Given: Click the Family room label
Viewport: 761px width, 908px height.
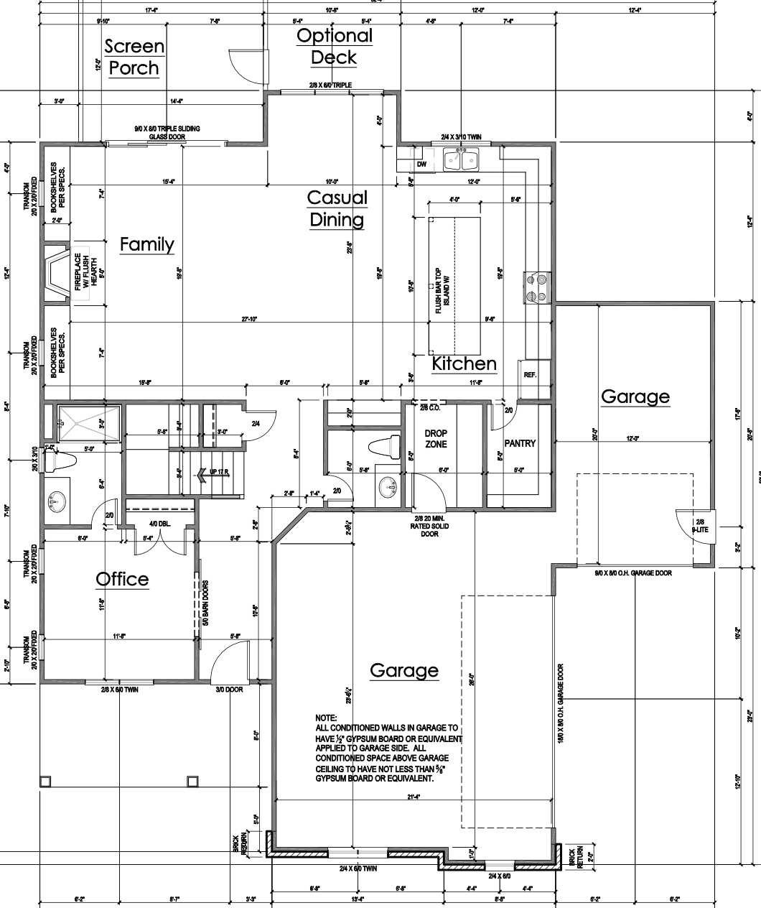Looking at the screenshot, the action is click(146, 244).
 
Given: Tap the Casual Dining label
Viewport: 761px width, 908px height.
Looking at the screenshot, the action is click(337, 208).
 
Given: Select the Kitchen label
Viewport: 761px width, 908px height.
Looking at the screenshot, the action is click(464, 363).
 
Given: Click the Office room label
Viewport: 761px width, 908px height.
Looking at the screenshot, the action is click(123, 579).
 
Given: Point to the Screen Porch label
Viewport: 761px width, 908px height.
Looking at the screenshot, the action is click(134, 57).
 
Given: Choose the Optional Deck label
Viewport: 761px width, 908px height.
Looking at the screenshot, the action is click(335, 46).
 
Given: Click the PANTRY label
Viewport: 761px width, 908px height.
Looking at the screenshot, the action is click(520, 443).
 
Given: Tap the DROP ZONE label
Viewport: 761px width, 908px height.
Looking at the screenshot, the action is click(436, 438).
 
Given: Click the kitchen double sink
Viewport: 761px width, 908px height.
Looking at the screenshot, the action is click(461, 159).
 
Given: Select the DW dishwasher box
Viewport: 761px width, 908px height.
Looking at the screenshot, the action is click(421, 165).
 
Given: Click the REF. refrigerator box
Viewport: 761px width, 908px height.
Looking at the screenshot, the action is click(531, 374).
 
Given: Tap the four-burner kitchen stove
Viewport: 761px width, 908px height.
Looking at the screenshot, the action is click(538, 287).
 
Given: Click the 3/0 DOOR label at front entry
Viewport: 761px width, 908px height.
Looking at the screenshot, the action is click(230, 690).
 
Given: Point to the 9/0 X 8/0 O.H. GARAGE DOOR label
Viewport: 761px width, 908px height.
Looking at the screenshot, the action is click(633, 573).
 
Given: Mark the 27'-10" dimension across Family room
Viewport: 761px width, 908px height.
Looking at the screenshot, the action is click(249, 319).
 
